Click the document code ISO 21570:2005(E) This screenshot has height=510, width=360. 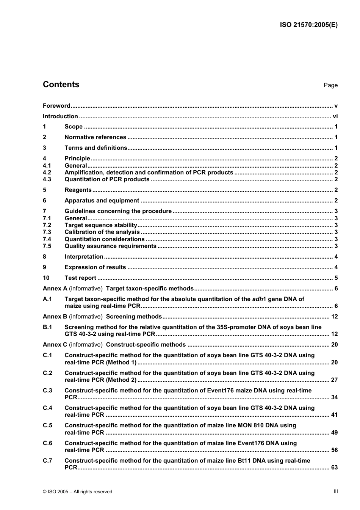[308, 25]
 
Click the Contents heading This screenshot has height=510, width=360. [61, 85]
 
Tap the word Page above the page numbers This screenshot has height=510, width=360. [330, 85]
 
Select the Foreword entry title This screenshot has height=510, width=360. [56, 106]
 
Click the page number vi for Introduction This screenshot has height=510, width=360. [335, 116]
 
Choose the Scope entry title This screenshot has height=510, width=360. [74, 127]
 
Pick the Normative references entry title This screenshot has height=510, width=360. [95, 137]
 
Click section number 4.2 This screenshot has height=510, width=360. [47, 173]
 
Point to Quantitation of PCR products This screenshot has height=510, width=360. [107, 179]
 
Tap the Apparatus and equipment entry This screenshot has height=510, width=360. [102, 201]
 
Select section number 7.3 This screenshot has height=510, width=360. [47, 232]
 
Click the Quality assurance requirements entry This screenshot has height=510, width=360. [110, 246]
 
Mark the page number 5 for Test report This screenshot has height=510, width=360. [336, 278]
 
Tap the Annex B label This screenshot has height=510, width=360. [55, 317]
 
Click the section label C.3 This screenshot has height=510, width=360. [47, 391]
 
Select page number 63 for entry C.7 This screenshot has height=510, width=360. [334, 468]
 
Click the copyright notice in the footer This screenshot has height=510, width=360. [78, 492]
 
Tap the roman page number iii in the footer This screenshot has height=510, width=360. [336, 491]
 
